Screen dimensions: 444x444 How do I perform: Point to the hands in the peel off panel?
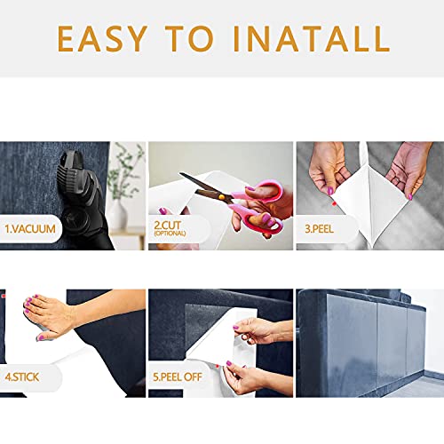point(258,346)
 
